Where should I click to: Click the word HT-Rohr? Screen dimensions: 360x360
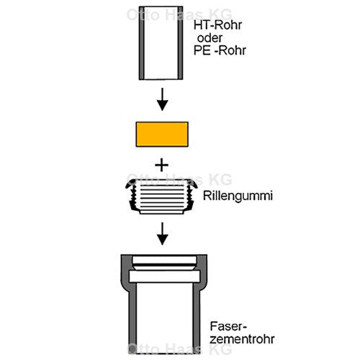click(217, 25)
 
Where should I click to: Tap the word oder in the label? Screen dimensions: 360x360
click(210, 38)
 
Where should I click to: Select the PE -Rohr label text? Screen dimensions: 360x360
click(220, 50)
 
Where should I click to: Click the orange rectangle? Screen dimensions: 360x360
click(162, 134)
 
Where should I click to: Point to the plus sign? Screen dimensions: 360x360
click(162, 165)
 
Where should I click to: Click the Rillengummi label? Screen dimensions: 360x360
click(238, 196)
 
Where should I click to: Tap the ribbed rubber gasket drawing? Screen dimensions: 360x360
click(161, 197)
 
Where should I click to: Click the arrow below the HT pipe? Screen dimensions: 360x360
click(162, 99)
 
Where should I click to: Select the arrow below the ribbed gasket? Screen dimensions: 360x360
click(162, 233)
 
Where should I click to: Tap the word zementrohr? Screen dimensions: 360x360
click(242, 339)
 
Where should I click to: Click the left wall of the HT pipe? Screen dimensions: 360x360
click(142, 43)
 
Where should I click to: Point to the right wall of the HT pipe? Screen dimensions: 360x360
click(180, 43)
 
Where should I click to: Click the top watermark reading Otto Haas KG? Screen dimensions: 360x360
click(179, 14)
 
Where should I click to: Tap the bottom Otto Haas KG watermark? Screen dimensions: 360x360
click(180, 348)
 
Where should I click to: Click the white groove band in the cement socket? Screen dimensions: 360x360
click(165, 276)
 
